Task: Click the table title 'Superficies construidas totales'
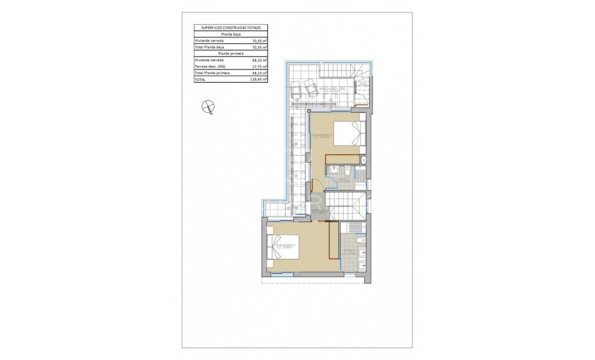click(x=231, y=27)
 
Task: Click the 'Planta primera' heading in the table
click(x=231, y=53)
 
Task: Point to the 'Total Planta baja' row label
click(x=207, y=47)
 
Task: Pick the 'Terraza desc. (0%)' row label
click(x=209, y=67)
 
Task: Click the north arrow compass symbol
click(x=207, y=107)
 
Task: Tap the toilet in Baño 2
click(x=361, y=239)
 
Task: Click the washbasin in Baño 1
click(x=330, y=172)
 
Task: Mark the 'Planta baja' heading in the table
click(x=231, y=34)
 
